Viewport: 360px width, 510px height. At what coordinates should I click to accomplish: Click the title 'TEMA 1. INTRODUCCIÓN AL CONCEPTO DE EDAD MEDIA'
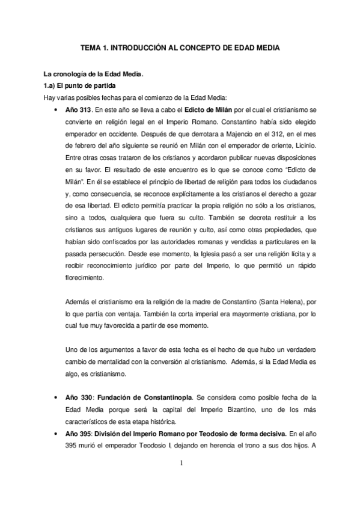pyautogui.click(x=180, y=47)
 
